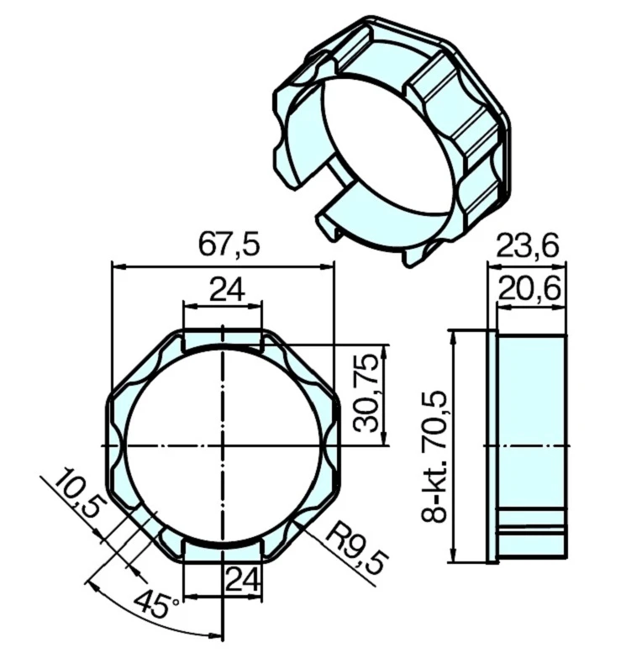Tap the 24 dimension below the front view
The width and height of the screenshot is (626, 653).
point(241,579)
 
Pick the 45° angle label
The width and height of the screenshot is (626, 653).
point(160,606)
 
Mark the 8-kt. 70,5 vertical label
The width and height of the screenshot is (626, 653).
point(434,455)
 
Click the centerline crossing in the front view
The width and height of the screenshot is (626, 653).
point(223,444)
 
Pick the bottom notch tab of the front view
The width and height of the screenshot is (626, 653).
point(223,549)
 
